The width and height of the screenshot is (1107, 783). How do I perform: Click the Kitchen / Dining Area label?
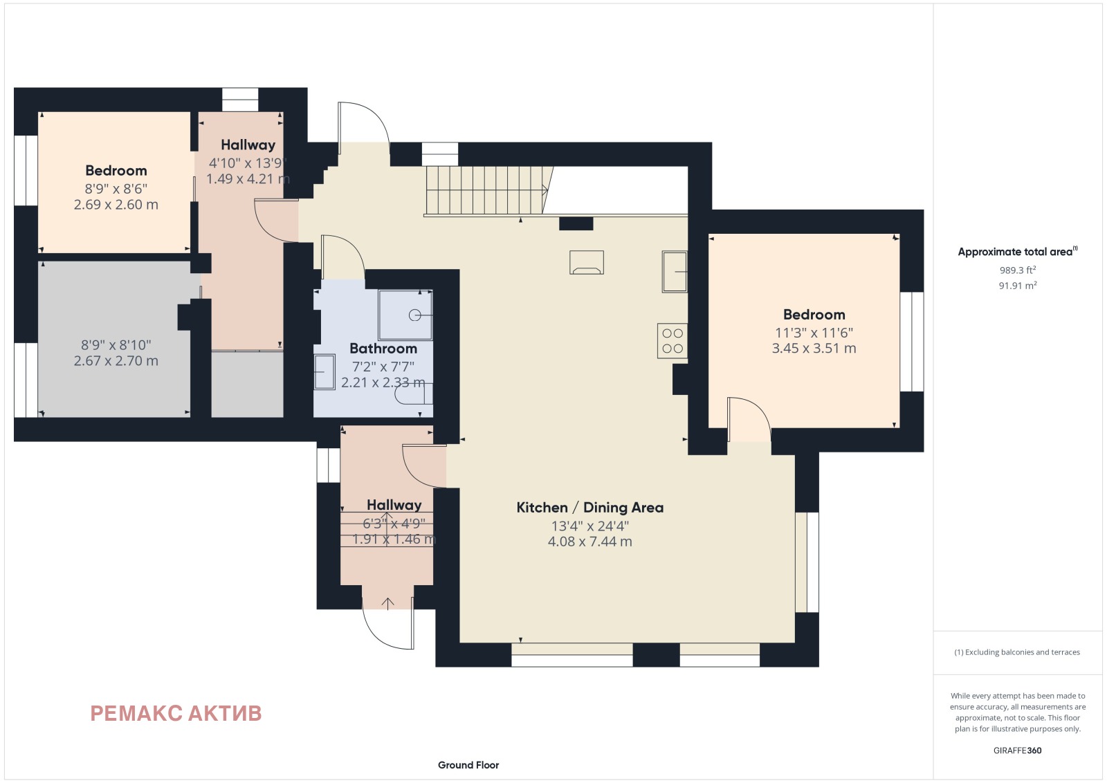[x=589, y=507]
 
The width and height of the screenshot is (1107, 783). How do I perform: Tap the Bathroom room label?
[x=383, y=349]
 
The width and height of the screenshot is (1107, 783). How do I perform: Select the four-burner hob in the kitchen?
[x=672, y=340]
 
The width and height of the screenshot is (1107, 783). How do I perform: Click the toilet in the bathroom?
[x=414, y=394]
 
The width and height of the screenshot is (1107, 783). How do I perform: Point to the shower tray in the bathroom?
[x=405, y=315]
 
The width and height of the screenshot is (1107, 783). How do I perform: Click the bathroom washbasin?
[x=324, y=372]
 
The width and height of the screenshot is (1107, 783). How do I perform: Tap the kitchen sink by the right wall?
[x=675, y=272]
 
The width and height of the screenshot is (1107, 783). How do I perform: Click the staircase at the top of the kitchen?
[x=488, y=191]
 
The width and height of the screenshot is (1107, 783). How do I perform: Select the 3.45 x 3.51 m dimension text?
[x=814, y=349]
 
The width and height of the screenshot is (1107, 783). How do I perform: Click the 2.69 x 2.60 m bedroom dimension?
[x=116, y=205]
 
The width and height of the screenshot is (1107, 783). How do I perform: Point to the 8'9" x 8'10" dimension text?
[x=116, y=345]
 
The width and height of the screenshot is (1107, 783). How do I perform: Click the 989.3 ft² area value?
[x=1018, y=270]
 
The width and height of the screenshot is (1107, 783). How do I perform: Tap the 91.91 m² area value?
[x=1018, y=286]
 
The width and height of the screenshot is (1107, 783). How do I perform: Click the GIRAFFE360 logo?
[x=1017, y=750]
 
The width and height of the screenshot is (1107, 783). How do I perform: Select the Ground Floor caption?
[x=468, y=765]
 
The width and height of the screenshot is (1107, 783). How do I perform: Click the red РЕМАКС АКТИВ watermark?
[x=176, y=713]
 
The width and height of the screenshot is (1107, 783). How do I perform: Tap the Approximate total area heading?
[x=1018, y=252]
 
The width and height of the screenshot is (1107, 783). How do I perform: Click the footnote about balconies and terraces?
[x=1017, y=652]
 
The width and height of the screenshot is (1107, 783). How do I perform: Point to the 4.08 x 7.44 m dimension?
[x=589, y=542]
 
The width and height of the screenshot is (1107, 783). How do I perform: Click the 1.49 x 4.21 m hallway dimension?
[x=248, y=178]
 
